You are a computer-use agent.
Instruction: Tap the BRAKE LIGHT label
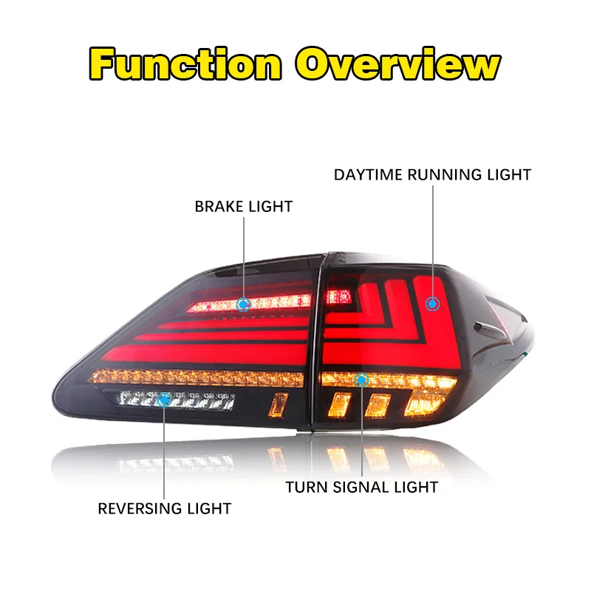coord(243,206)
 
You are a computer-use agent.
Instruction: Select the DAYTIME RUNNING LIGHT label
coord(432,175)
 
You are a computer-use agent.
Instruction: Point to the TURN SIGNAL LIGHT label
coord(362,487)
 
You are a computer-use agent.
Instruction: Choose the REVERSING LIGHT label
coord(165,508)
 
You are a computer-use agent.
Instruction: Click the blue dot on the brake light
coord(243,303)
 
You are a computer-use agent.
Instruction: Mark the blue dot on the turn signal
coord(362,380)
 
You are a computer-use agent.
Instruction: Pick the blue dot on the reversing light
coord(165,400)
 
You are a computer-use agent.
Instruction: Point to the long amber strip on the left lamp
coord(199,378)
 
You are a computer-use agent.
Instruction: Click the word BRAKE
coord(219,206)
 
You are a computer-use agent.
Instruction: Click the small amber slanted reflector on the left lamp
coord(279,405)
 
